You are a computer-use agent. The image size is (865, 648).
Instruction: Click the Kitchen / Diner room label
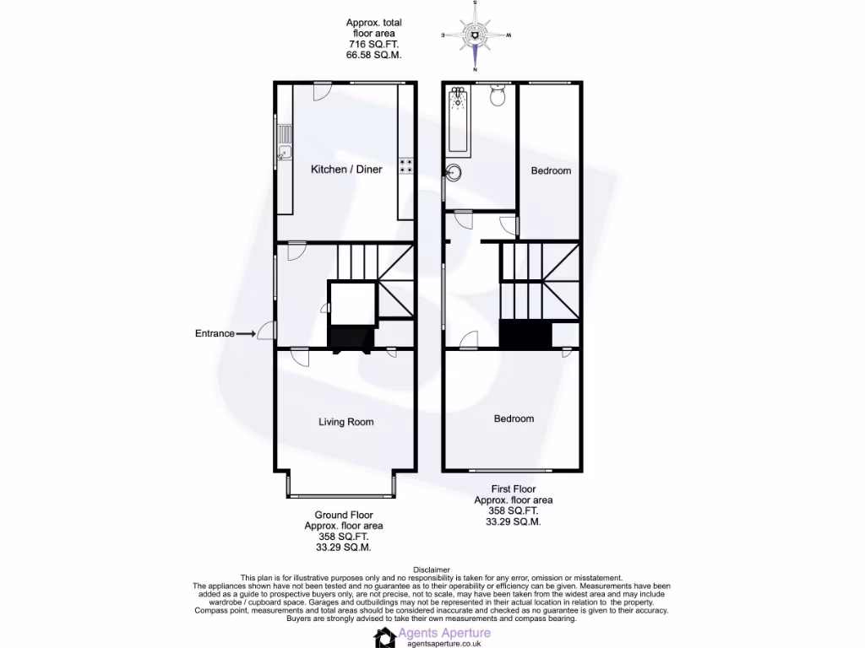[346, 170]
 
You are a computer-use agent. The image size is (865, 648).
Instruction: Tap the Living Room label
[345, 422]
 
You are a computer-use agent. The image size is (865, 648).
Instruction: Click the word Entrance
[215, 333]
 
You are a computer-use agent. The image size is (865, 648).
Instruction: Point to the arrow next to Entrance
[246, 334]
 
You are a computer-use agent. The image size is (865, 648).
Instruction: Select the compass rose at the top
[476, 35]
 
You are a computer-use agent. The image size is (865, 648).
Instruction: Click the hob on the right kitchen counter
[406, 167]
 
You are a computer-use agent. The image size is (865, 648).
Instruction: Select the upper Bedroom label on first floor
[551, 170]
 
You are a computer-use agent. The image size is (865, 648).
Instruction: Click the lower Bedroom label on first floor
[514, 418]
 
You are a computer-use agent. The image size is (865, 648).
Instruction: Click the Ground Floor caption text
[344, 515]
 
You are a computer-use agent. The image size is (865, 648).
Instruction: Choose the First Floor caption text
[514, 489]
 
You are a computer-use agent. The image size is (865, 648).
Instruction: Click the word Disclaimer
[432, 570]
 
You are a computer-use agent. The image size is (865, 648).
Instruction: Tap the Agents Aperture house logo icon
[386, 638]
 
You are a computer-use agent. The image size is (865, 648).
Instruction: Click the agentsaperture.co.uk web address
[443, 643]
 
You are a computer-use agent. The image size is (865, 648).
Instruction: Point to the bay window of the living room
[341, 495]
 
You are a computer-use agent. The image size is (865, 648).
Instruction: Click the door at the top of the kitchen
[323, 90]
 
